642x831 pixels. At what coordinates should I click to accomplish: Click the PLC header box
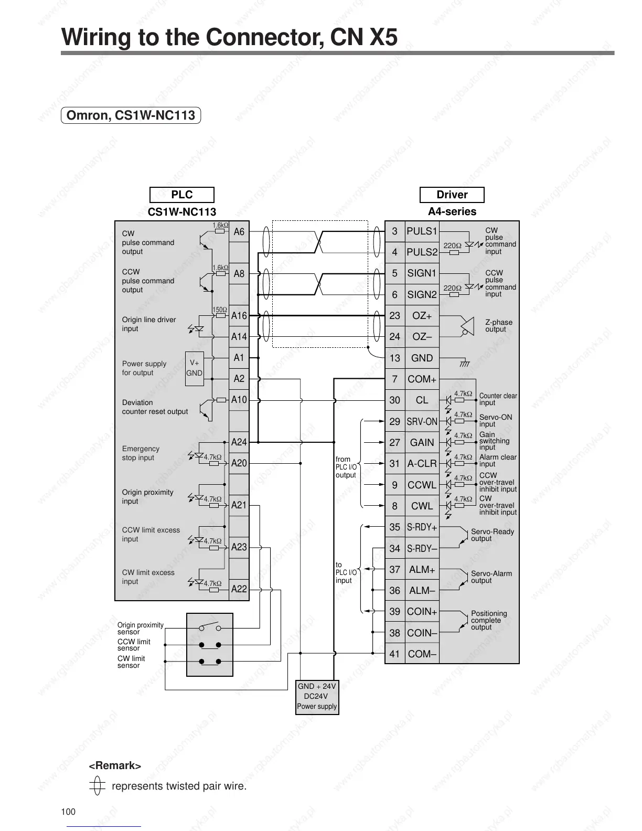pos(181,195)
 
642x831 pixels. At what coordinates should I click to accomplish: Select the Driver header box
pos(452,195)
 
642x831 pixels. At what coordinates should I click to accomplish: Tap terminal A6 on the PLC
pos(239,231)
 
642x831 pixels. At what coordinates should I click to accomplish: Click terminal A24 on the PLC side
pos(239,442)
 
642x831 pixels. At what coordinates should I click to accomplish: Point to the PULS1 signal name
pos(422,231)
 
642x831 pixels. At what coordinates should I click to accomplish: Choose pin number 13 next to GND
pos(394,358)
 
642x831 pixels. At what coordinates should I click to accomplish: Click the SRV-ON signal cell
pos(422,421)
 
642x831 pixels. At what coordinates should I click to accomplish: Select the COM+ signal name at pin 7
pos(422,379)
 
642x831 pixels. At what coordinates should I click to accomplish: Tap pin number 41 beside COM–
pos(394,654)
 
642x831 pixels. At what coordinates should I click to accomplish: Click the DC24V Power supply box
pos(317,696)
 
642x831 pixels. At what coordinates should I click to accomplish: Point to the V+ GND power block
pos(194,368)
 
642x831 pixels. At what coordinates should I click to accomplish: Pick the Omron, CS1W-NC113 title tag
pos(131,115)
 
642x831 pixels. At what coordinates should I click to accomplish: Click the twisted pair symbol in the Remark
pos(95,786)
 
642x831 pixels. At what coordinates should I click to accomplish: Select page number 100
pos(68,812)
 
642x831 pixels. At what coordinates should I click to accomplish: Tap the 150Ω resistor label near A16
pos(219,310)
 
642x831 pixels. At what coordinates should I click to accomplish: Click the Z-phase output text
pos(498,326)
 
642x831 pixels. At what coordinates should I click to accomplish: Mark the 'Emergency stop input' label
pos(141,453)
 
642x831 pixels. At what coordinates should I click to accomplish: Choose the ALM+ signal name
pos(422,569)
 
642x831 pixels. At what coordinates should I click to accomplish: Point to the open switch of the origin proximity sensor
pos(210,626)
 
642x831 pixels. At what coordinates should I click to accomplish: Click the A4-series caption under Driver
pos(452,211)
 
